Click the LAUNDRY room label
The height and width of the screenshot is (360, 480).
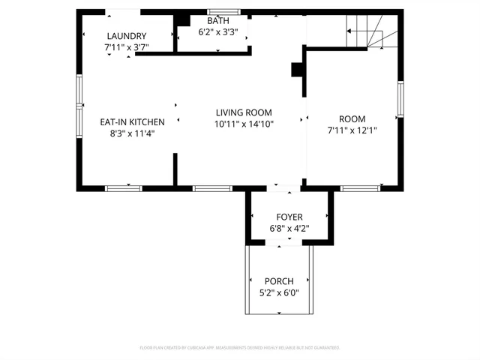click(x=126, y=36)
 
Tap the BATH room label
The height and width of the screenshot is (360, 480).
click(x=218, y=21)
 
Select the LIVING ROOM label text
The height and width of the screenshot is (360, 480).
click(x=244, y=112)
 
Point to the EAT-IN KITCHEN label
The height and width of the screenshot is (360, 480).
click(x=132, y=122)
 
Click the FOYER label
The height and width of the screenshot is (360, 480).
click(x=289, y=216)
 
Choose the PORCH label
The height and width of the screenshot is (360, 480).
click(x=279, y=281)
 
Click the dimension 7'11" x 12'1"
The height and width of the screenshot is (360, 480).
click(x=352, y=130)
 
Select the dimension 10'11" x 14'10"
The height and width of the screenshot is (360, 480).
click(x=244, y=124)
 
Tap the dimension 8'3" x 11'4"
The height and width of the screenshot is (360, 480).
click(x=132, y=134)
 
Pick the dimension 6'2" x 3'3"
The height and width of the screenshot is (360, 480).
click(x=218, y=32)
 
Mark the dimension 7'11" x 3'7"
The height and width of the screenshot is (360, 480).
click(x=126, y=47)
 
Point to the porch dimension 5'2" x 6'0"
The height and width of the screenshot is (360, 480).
click(x=279, y=292)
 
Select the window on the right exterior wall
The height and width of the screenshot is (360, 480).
click(x=400, y=100)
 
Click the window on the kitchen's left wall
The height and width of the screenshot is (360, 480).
click(x=79, y=101)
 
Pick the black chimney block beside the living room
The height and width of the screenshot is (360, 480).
click(x=296, y=69)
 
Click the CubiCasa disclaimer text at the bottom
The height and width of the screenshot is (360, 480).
click(x=240, y=348)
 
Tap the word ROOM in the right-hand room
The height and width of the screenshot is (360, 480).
click(x=352, y=119)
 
